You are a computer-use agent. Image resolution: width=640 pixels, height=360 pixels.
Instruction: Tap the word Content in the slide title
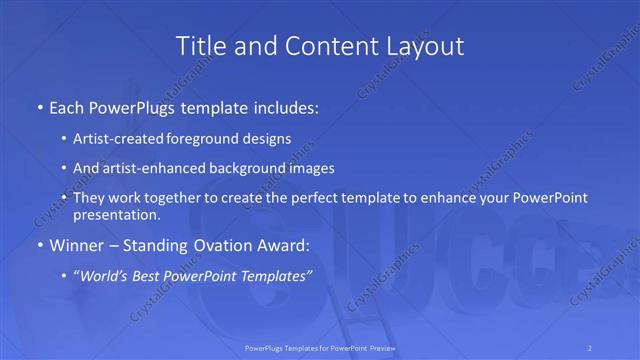(x=328, y=46)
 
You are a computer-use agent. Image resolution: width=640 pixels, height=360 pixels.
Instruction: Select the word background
(x=256, y=168)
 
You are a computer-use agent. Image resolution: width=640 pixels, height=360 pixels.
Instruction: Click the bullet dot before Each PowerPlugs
(x=39, y=106)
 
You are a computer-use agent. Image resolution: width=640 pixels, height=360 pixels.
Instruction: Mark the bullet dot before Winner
(x=39, y=245)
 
